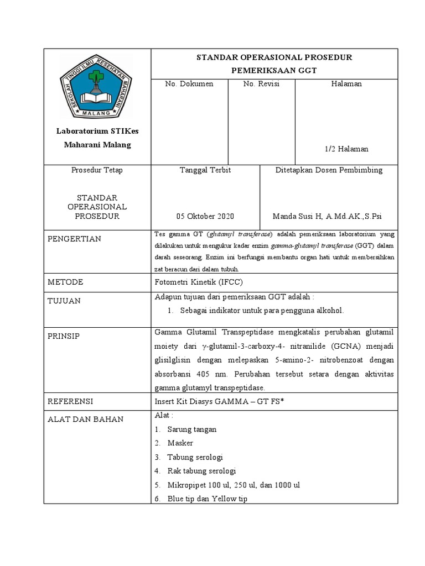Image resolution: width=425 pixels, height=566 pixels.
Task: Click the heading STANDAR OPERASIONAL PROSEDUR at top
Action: click(274, 57)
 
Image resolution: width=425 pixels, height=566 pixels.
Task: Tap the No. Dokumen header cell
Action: click(189, 84)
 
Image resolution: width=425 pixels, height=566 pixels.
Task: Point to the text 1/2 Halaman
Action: click(346, 149)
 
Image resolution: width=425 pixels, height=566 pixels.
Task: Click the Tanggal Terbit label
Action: click(206, 170)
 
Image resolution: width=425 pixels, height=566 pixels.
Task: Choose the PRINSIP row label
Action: click(64, 337)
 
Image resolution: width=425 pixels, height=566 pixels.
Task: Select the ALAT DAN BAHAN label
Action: click(85, 419)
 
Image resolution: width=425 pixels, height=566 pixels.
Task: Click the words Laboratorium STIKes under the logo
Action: click(97, 131)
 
